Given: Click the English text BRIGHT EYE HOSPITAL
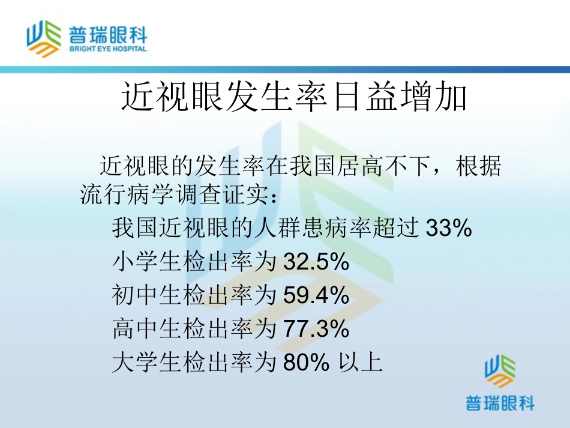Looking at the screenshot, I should (x=108, y=49).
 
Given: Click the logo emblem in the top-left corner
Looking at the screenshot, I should (x=44, y=37).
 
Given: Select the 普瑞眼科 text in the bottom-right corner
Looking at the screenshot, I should (x=500, y=403).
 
